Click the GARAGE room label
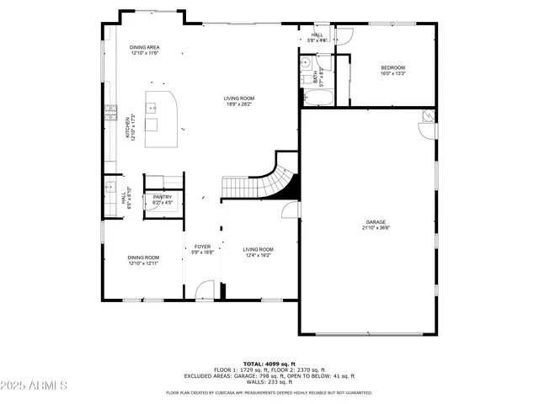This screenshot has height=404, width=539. pyautogui.click(x=376, y=222)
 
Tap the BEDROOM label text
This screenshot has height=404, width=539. pyautogui.click(x=392, y=67)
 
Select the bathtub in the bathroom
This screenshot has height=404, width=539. pyautogui.click(x=319, y=99)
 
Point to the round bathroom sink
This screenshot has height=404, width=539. pyautogui.click(x=306, y=63)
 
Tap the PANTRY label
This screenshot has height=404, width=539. pyautogui.click(x=163, y=197)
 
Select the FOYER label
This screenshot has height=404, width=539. pyautogui.click(x=202, y=247)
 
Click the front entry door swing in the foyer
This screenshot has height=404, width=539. pyautogui.click(x=204, y=290)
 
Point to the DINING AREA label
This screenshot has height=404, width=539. pyautogui.click(x=145, y=47)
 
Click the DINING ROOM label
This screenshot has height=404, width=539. pyautogui.click(x=143, y=258)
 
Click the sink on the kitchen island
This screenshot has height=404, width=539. pyautogui.click(x=153, y=108)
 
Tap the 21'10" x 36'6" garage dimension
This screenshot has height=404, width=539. pyautogui.click(x=376, y=228)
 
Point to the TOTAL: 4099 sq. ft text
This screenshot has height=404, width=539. pyautogui.click(x=269, y=364)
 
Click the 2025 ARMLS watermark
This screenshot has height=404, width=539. pyautogui.click(x=35, y=385)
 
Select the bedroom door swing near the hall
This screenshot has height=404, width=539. pyautogui.click(x=343, y=35)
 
